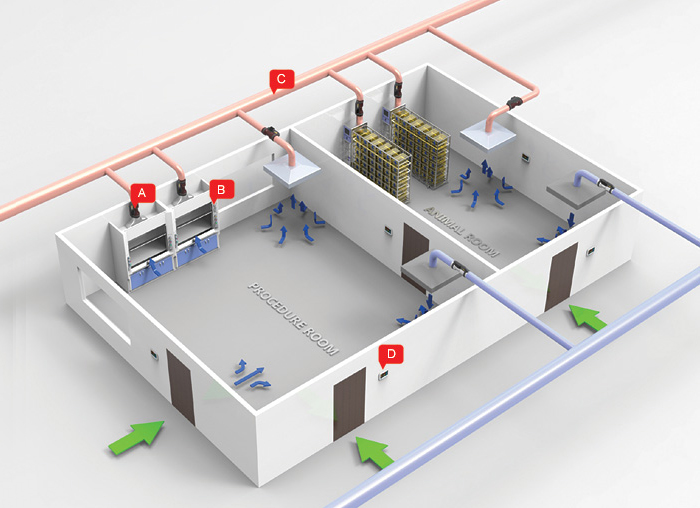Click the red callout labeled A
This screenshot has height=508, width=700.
point(142,193)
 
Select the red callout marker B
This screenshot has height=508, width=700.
point(221,190)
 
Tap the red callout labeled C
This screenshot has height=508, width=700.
point(281,79)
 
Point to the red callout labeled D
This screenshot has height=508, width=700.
point(391,354)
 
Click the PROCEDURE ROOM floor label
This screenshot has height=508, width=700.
point(293,318)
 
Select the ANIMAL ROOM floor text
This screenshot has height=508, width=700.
point(461,231)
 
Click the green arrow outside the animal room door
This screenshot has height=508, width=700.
point(587,317)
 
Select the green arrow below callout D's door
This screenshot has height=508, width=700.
point(374,452)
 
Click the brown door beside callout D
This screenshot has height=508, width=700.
point(350,404)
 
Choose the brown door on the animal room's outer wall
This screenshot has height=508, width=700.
point(561,277)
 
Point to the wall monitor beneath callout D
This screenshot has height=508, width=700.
point(383,375)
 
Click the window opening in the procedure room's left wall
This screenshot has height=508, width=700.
point(104,306)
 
